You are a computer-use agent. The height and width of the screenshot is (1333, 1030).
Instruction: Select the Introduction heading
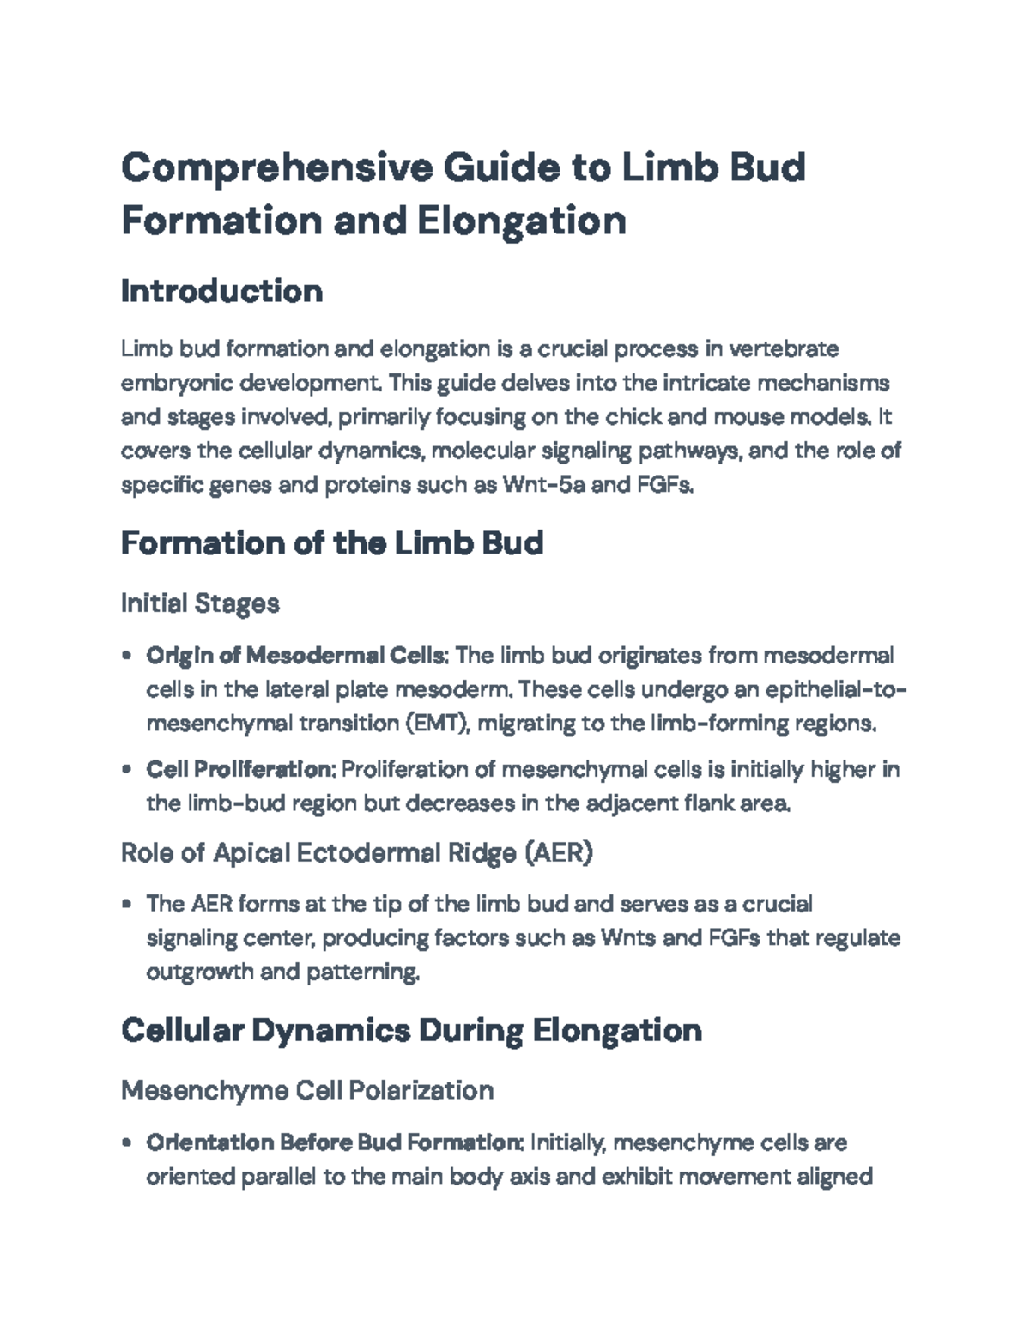[x=221, y=291]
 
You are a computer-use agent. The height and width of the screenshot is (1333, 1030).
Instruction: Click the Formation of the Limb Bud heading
[x=332, y=542]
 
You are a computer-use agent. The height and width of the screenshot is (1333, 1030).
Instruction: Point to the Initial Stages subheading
[x=200, y=603]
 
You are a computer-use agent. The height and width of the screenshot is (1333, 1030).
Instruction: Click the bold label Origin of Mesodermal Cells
[x=297, y=656]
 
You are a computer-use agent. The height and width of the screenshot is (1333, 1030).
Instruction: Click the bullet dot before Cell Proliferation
[x=127, y=770]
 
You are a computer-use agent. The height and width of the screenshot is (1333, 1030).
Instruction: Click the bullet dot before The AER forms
[x=127, y=904]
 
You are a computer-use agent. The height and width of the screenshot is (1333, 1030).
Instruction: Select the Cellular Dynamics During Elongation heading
[x=411, y=1029]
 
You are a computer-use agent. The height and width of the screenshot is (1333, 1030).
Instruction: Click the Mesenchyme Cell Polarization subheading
[x=307, y=1090]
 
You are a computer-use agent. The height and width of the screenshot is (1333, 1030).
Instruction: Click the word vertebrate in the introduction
[x=783, y=349]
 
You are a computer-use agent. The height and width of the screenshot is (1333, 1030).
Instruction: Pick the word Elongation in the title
[x=522, y=221]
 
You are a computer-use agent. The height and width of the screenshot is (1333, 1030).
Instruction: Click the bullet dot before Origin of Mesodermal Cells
[x=127, y=657]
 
